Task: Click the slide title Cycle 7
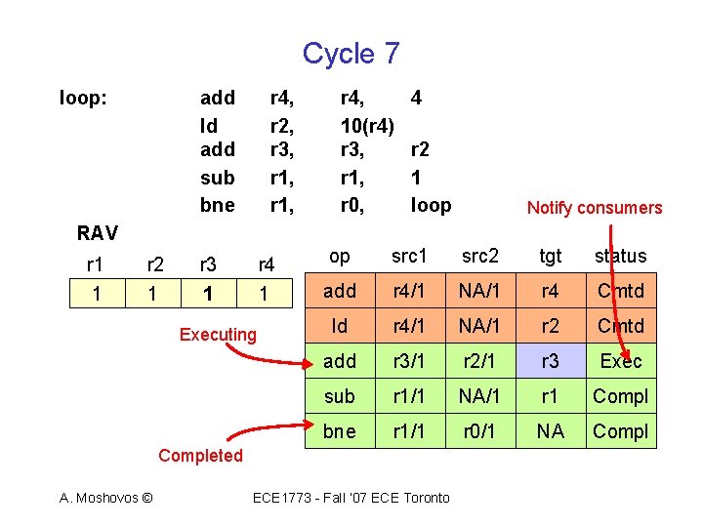[351, 53]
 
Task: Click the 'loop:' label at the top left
[84, 98]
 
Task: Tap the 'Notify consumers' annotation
[594, 207]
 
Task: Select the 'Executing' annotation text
[218, 335]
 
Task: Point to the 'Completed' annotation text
[200, 456]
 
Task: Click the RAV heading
[98, 232]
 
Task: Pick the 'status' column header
[620, 256]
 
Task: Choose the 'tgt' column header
[551, 256]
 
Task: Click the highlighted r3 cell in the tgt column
[551, 361]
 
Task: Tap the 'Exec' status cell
[620, 361]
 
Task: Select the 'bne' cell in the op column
[339, 431]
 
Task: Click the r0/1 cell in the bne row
[479, 431]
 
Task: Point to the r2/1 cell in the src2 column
[479, 361]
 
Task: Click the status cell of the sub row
[620, 396]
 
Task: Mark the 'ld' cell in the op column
[339, 326]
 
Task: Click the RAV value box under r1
[95, 292]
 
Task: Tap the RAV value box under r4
[264, 292]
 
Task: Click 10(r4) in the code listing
[367, 125]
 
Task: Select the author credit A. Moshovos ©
[105, 498]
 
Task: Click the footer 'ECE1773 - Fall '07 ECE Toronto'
[351, 498]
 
